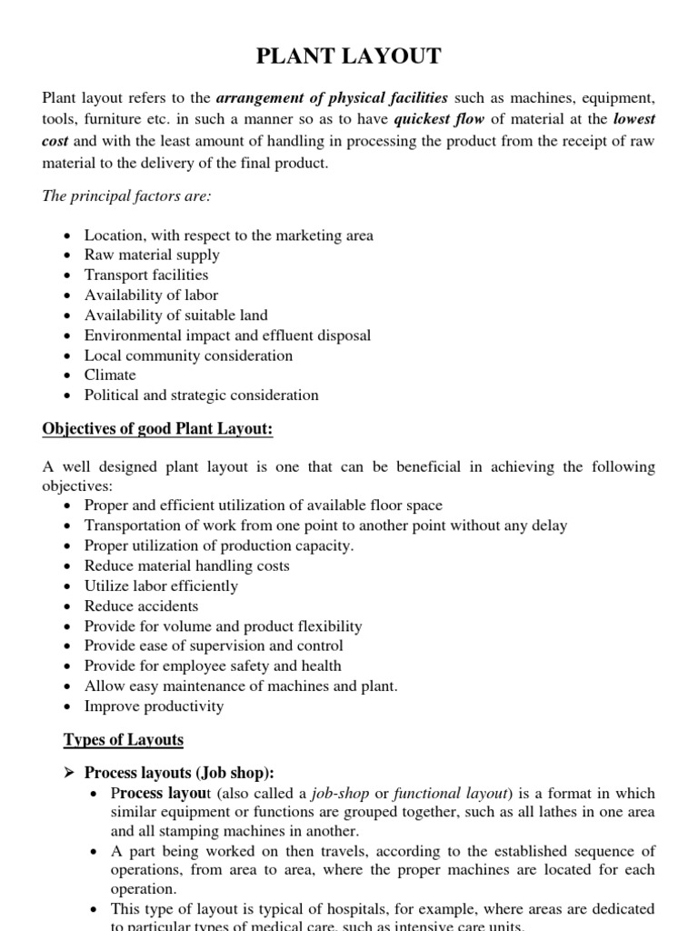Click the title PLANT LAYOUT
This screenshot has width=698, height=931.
point(349,56)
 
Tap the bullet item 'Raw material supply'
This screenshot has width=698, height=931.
point(152,255)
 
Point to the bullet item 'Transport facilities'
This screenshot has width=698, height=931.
point(146,275)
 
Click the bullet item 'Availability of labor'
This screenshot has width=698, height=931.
point(151,295)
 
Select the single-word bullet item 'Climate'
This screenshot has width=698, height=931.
point(110,375)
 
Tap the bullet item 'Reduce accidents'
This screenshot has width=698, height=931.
point(141,606)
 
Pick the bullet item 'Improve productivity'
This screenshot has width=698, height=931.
point(154,706)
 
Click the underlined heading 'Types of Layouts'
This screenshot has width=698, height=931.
point(123,739)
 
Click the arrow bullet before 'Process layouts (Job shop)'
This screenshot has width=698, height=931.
point(69,773)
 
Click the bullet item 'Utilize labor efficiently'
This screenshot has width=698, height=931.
point(161,586)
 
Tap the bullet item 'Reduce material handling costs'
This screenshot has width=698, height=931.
point(186,566)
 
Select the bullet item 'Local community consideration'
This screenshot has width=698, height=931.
point(188,355)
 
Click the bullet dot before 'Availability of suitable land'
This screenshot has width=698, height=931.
point(70,315)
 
